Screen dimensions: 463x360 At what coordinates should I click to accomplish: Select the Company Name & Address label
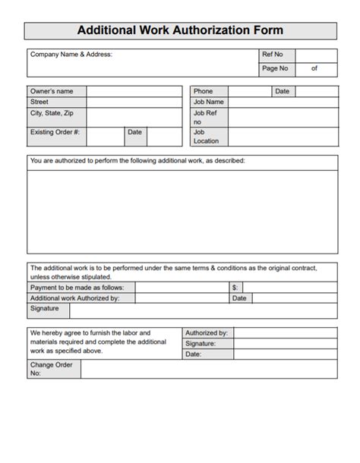(71, 55)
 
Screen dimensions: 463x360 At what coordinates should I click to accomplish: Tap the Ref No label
(272, 55)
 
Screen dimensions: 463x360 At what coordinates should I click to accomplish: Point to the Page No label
(274, 68)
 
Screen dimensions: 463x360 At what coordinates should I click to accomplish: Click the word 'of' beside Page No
(314, 68)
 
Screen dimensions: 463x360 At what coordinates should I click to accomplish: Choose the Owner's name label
(52, 91)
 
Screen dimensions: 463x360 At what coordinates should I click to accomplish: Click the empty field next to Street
(134, 102)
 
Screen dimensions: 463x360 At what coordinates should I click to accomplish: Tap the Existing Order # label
(55, 132)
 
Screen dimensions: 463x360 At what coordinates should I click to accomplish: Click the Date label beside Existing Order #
(134, 132)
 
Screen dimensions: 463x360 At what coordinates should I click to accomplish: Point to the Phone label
(203, 91)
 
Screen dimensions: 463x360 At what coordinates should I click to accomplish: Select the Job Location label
(206, 136)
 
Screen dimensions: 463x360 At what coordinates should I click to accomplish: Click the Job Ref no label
(203, 117)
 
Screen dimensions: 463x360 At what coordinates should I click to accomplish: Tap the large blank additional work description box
(182, 210)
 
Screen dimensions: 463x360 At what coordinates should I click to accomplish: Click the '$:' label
(235, 288)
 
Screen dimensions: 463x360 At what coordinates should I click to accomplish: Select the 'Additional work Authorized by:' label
(74, 298)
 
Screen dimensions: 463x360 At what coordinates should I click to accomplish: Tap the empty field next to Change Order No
(209, 369)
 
